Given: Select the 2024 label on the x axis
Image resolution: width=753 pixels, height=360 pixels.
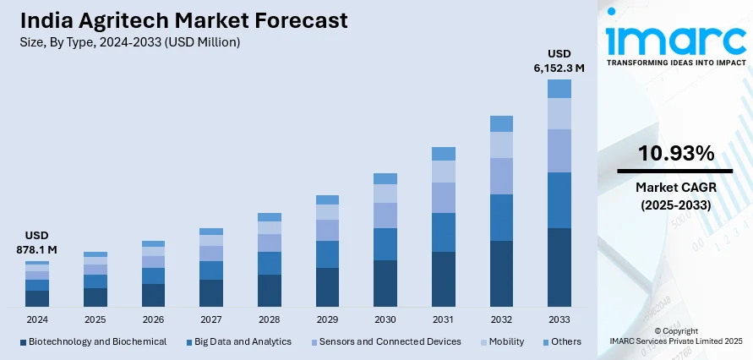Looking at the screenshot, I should coord(37,319).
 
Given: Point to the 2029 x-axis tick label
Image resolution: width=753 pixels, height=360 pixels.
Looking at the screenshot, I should coord(327,319).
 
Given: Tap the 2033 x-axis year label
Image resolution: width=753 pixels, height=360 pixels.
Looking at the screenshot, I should coord(559,319).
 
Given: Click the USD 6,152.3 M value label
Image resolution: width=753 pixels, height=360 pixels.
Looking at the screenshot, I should coord(559,61).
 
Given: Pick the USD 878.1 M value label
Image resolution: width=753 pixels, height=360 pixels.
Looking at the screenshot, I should coord(36,243).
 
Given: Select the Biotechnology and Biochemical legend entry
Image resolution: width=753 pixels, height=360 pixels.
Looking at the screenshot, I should coord(92,341).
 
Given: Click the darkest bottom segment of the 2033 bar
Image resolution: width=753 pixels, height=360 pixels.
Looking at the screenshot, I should coord(559,266).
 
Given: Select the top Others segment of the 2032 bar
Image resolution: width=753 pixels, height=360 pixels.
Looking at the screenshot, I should coord(501,123).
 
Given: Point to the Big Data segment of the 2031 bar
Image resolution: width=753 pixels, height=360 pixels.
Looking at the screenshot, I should coord(444,232).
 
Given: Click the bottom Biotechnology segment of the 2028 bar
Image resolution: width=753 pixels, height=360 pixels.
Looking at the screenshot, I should coord(269,290).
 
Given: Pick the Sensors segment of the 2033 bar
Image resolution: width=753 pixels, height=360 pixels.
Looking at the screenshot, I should coord(559,150).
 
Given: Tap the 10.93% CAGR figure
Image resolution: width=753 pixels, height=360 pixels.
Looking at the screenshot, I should coord(675,154).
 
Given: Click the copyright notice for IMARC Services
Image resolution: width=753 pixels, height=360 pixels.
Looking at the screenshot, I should coord(675,335).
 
